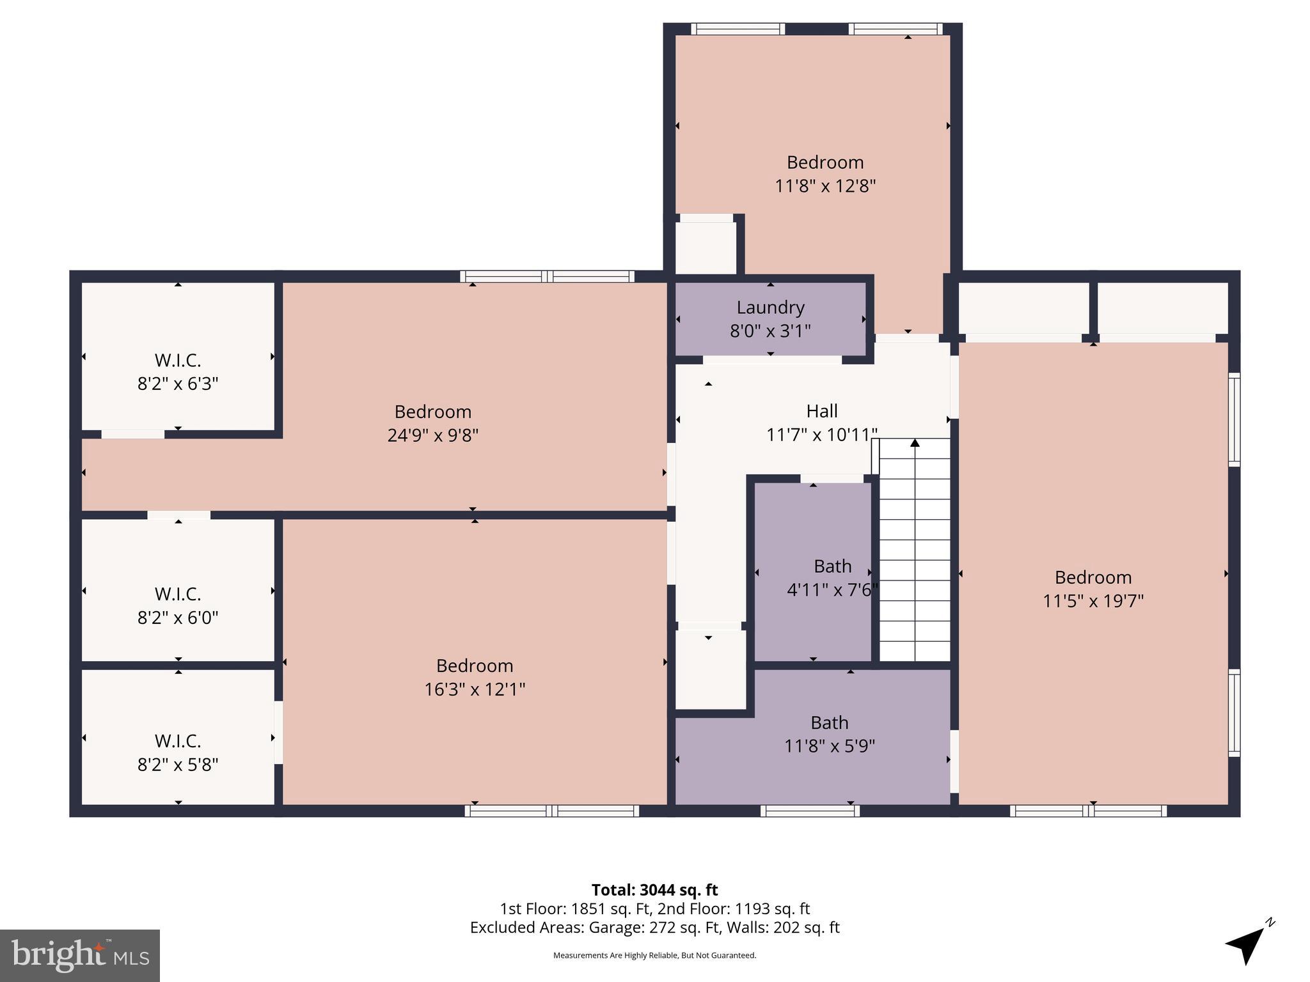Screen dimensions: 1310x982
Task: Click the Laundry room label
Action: coord(770,308)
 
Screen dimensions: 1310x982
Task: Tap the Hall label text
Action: coord(822,411)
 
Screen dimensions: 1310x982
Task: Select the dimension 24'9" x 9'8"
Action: coord(433,435)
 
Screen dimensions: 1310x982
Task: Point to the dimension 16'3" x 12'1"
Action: coord(475,689)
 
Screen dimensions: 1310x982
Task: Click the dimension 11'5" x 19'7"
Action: coord(1093,601)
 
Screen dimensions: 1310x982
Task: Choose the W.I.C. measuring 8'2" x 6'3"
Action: coord(178,372)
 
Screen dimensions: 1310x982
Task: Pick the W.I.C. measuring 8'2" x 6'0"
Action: coord(178,606)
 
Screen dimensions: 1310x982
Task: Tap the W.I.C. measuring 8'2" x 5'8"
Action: coord(178,753)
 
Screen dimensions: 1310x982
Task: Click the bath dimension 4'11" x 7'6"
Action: coord(832,590)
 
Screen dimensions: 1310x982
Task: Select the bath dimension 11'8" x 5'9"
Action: coord(830,746)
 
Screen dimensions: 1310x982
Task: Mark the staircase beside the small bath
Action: coord(915,550)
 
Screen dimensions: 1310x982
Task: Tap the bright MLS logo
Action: coord(80,956)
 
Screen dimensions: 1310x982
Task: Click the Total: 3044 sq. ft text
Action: coord(654,890)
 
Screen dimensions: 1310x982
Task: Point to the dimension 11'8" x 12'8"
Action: coord(825,186)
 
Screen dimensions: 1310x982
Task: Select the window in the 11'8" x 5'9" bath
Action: coord(810,811)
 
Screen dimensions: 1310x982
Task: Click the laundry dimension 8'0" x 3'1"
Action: coord(770,331)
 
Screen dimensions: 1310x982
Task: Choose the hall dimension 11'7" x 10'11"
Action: coord(822,435)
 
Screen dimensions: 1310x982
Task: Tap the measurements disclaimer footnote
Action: coord(654,955)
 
